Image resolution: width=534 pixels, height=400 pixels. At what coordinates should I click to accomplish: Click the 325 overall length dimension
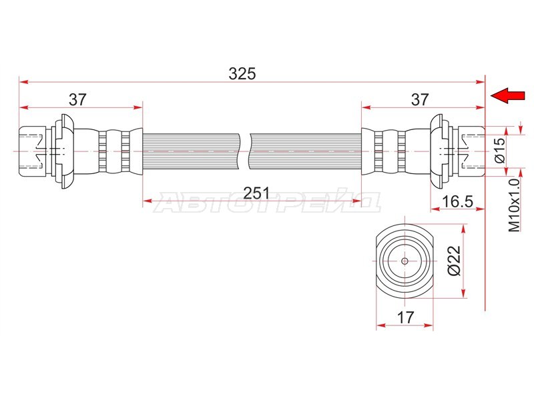coord(242,73)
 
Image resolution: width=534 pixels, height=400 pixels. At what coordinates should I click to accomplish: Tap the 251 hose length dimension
coord(256,193)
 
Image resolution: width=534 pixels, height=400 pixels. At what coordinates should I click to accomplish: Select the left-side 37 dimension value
coord(78,99)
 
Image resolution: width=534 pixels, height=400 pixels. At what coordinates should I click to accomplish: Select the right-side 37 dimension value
coord(419,99)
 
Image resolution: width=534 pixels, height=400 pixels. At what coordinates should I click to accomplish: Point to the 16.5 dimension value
coord(457,201)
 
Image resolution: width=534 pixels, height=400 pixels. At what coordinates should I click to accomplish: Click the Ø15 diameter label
coord(500,150)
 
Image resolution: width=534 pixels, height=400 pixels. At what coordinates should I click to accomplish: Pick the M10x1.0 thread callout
coord(514,205)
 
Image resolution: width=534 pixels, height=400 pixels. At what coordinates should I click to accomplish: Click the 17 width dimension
coord(405,318)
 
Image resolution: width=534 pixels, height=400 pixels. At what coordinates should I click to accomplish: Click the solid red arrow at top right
coord(507,95)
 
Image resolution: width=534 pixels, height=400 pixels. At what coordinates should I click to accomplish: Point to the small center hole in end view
coord(405,261)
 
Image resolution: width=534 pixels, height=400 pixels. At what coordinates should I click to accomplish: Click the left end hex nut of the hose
coord(32,151)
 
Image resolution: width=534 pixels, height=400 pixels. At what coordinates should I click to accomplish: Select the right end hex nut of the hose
coord(471,151)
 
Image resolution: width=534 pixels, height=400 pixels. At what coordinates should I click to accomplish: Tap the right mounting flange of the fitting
coord(437,151)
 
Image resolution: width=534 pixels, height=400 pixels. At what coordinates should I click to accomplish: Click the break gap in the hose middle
coord(245,151)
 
